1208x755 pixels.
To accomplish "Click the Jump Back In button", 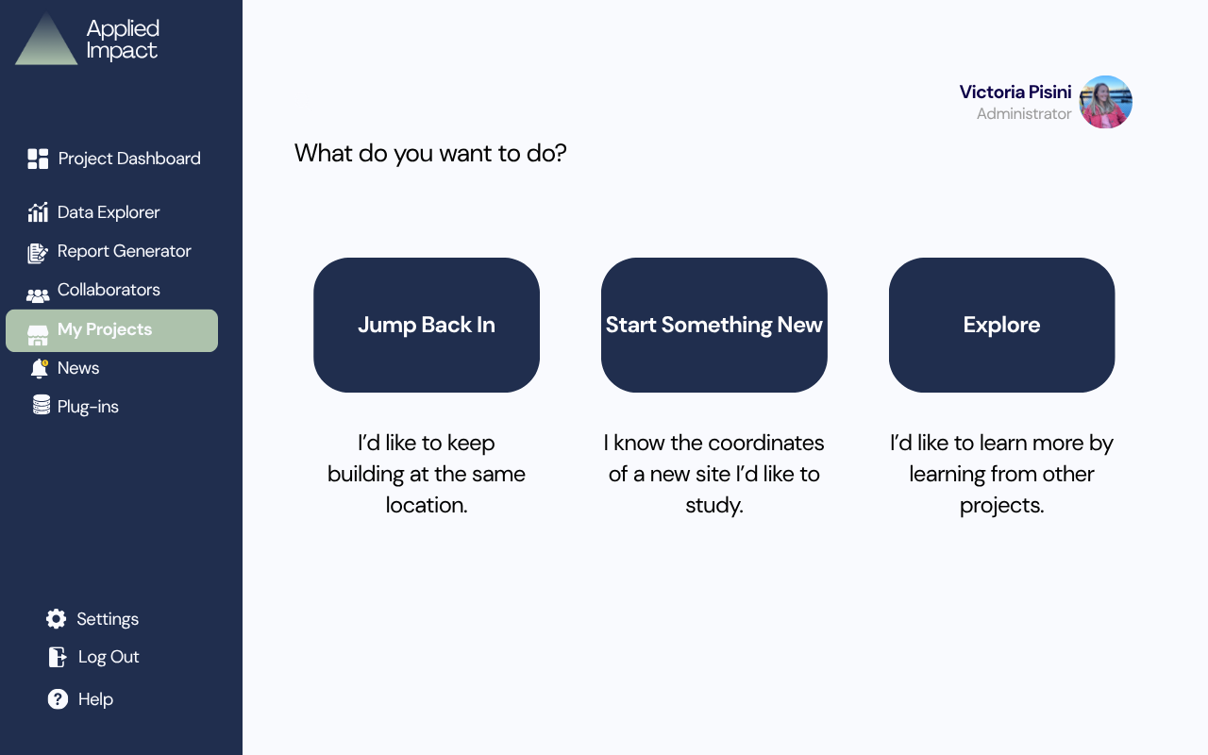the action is point(426,325).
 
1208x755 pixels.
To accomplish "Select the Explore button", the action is point(1001,325).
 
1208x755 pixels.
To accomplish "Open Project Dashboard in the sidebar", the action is point(114,159).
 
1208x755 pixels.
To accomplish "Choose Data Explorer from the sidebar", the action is point(93,212).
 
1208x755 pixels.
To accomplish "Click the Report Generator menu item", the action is point(109,251).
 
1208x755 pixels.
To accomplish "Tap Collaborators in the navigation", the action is point(93,290).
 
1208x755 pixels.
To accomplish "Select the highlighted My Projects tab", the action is point(111,330).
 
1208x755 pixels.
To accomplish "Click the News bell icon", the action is point(40,368).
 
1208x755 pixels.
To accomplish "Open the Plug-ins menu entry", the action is point(75,407).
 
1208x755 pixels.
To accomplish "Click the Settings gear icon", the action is point(56,618).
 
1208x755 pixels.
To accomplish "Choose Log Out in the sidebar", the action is point(93,657).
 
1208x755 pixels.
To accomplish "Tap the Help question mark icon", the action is point(58,699).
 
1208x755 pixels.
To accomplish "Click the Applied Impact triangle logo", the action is point(46,39).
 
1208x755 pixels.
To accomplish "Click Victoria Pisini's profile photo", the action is point(1105,102).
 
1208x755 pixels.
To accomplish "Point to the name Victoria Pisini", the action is point(1015,92).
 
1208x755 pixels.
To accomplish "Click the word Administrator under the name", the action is point(1024,114).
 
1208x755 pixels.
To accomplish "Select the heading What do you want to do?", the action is point(430,154).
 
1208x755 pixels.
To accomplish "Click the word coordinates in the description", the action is point(765,443).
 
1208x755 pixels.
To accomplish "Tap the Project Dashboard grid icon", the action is point(38,159).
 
